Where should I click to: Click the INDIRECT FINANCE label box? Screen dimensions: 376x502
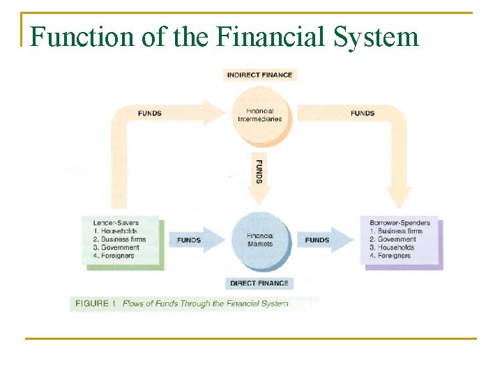(259, 75)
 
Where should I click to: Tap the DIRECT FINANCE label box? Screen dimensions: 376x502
(259, 283)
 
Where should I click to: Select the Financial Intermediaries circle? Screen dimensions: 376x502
(259, 115)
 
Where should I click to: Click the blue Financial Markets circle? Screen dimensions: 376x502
(259, 240)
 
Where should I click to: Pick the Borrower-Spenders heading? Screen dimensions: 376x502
(400, 223)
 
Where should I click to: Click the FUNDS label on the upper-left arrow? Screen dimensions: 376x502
(150, 113)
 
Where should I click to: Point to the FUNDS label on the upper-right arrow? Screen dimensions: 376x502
(363, 113)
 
